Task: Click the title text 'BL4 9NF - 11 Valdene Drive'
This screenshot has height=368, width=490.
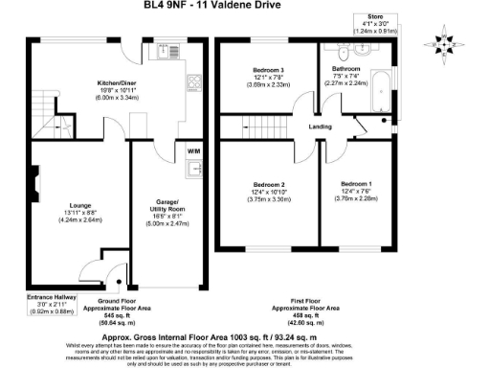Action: click(x=244, y=7)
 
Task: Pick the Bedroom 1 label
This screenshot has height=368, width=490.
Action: click(x=355, y=185)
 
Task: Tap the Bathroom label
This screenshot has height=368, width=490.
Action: click(x=347, y=70)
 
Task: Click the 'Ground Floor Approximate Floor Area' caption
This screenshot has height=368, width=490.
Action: click(x=106, y=310)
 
